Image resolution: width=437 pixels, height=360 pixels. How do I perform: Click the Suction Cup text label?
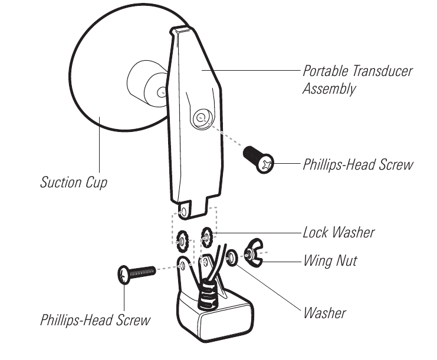pyautogui.click(x=74, y=181)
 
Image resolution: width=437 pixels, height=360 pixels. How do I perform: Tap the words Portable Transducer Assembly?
pyautogui.click(x=357, y=80)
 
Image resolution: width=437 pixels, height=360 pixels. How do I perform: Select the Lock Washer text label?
pyautogui.click(x=339, y=232)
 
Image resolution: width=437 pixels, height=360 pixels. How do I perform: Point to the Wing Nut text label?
pyautogui.click(x=330, y=260)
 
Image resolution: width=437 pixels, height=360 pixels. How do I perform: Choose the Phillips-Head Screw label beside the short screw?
pyautogui.click(x=358, y=164)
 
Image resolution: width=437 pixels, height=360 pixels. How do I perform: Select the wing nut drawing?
pyautogui.click(x=253, y=253)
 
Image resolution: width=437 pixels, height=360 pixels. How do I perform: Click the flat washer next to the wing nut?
pyautogui.click(x=232, y=257)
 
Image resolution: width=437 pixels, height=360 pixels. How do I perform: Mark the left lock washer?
pyautogui.click(x=182, y=239)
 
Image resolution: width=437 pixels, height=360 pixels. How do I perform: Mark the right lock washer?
pyautogui.click(x=206, y=237)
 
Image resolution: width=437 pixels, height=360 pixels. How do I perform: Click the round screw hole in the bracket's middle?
pyautogui.click(x=201, y=118)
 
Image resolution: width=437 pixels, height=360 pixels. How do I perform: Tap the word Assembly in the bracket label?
pyautogui.click(x=329, y=90)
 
